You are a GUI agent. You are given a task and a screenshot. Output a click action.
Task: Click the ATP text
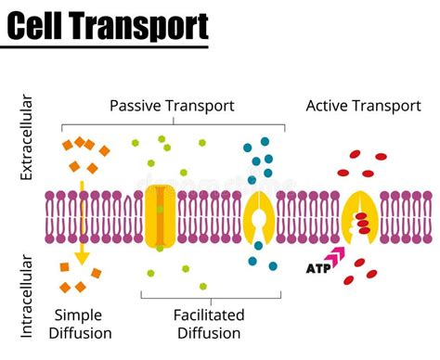click(x=317, y=269)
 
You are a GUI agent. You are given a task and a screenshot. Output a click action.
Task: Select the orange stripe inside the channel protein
click(x=159, y=214)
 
